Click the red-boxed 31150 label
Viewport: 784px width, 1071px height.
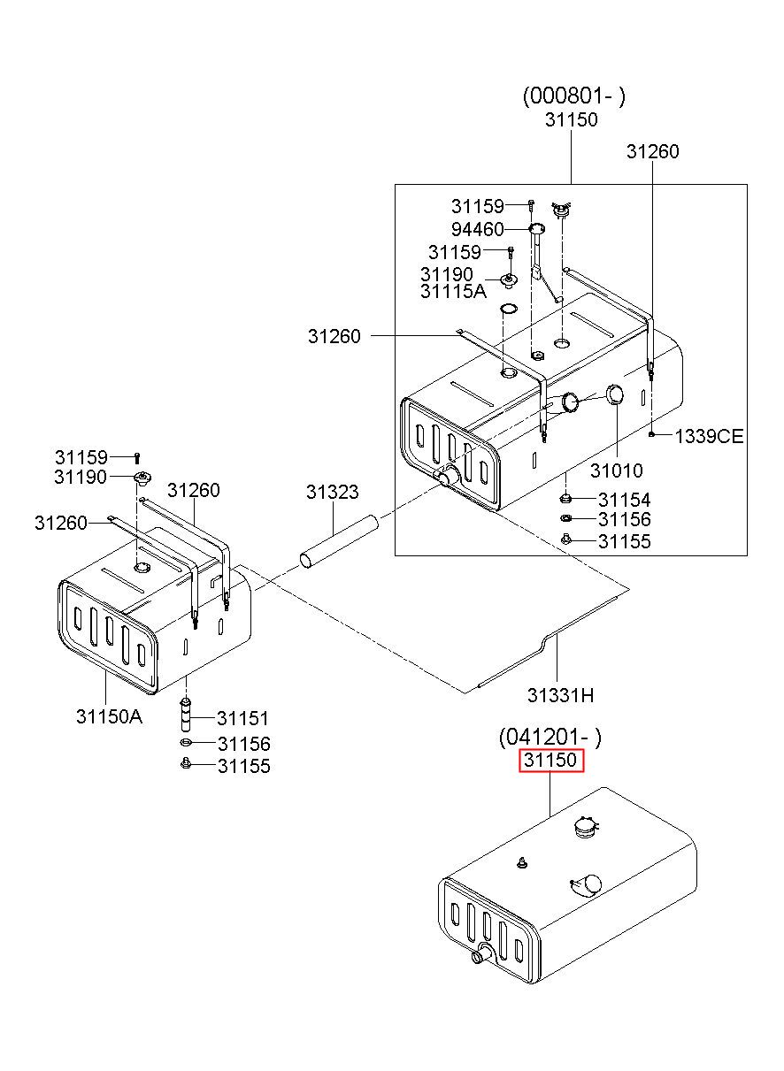coord(550,760)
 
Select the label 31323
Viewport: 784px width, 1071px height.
coord(333,492)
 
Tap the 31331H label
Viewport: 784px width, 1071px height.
coord(560,695)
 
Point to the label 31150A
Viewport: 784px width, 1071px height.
coord(109,715)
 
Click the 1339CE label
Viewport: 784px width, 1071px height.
coord(709,436)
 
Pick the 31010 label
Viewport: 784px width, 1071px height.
coord(617,471)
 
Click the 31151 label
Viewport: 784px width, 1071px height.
coord(243,719)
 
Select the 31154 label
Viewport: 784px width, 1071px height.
coord(624,500)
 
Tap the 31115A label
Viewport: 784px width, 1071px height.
coord(453,291)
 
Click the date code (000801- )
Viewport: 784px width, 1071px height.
coord(573,96)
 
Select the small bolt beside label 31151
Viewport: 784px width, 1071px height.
coord(188,708)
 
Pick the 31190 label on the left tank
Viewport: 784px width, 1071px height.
coord(80,478)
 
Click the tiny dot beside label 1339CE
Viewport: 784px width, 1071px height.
coord(652,434)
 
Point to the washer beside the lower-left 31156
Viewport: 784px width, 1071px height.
coord(187,743)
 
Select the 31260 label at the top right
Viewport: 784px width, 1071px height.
coord(653,152)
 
